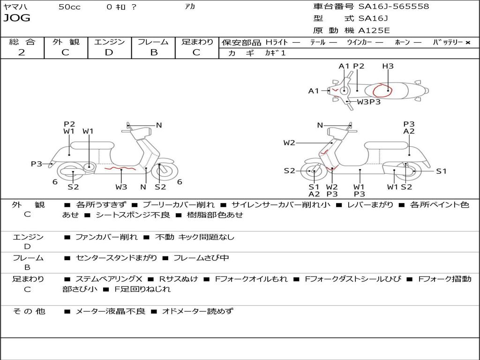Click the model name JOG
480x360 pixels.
tap(17, 18)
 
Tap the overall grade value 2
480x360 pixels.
tap(22, 52)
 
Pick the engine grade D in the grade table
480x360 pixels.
tap(109, 52)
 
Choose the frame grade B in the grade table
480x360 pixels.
tap(154, 52)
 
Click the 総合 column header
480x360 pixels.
tap(22, 42)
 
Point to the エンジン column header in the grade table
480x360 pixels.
tap(109, 42)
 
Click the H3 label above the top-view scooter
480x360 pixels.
tap(388, 66)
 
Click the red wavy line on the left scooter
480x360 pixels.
tap(120, 167)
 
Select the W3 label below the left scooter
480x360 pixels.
tap(121, 187)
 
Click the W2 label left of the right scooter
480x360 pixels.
tap(289, 142)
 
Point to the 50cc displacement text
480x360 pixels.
tap(69, 7)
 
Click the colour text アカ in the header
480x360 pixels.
tap(190, 7)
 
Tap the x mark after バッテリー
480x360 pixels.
tap(467, 42)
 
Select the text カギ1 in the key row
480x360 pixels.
tap(276, 53)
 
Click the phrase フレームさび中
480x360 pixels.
tap(201, 258)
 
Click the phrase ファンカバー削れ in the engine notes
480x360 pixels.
tap(106, 237)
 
